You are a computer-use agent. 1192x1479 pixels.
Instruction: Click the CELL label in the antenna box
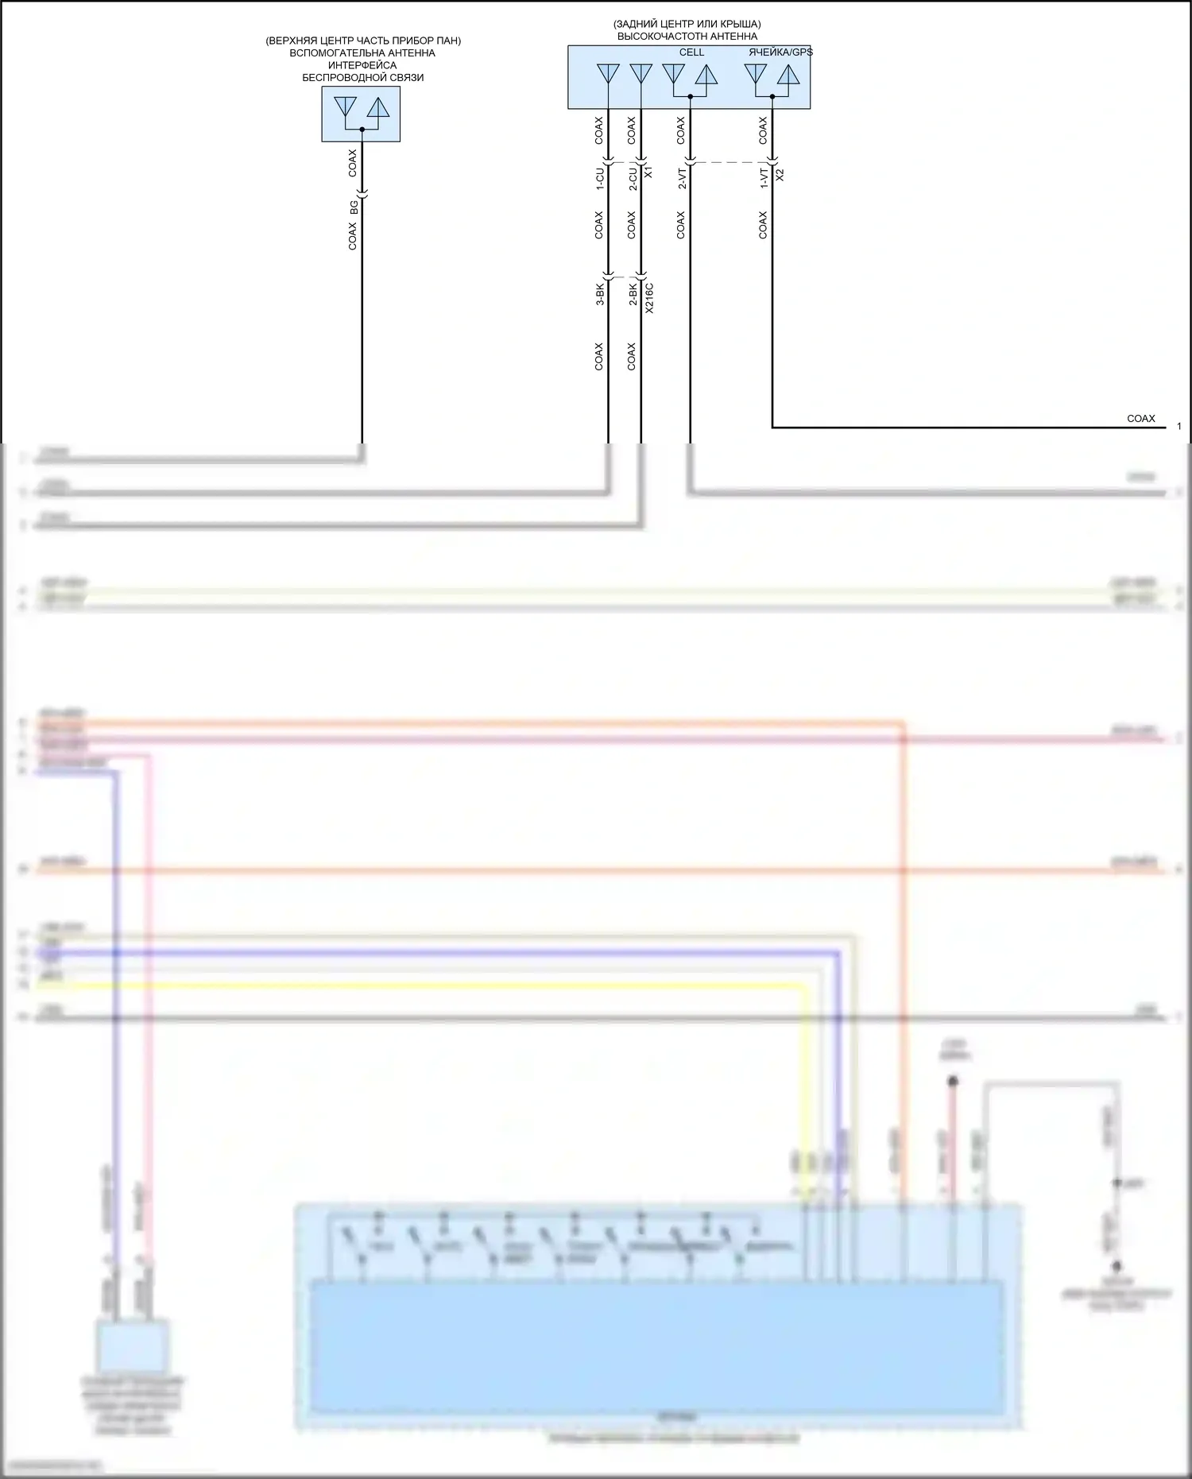click(691, 52)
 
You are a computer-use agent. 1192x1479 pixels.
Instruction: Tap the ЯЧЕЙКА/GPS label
click(780, 52)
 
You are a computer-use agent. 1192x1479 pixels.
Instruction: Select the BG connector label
click(354, 207)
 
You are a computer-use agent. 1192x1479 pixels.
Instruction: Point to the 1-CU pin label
click(600, 177)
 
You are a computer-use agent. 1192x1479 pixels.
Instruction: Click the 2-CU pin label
click(633, 177)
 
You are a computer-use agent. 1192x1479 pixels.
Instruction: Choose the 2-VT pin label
click(682, 177)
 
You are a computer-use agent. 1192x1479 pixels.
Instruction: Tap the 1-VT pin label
click(764, 177)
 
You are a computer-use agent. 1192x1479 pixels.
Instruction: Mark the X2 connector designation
click(780, 175)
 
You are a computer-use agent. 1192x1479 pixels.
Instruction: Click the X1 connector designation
click(648, 172)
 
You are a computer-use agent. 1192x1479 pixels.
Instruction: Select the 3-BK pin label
click(600, 294)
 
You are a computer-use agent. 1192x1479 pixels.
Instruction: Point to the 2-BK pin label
click(633, 294)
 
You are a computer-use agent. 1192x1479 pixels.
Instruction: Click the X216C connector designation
click(649, 298)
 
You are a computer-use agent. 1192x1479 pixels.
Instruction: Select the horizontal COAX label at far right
click(1140, 418)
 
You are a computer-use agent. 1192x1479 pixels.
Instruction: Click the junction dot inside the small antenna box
click(362, 129)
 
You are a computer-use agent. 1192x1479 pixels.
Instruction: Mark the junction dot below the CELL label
click(690, 96)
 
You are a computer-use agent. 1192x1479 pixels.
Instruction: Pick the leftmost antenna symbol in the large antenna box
click(608, 74)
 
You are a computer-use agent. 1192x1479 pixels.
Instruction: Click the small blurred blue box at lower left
click(133, 1345)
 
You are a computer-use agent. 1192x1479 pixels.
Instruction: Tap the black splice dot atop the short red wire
click(953, 1082)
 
